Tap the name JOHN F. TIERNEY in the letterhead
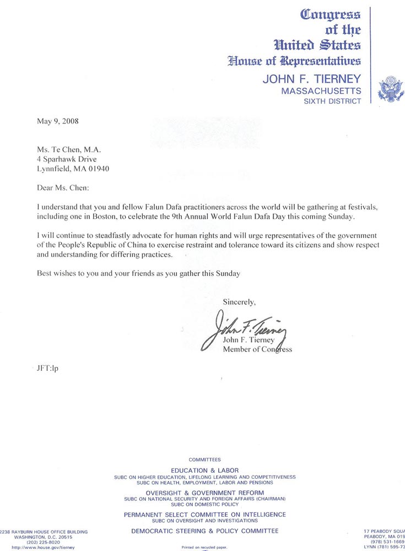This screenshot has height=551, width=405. [312, 79]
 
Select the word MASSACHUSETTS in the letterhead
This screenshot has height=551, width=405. [321, 91]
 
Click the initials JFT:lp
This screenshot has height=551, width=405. [47, 368]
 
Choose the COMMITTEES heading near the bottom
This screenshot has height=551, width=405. [204, 460]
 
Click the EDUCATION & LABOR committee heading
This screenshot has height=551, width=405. [204, 471]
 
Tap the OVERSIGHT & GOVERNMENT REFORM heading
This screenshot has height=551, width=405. [204, 493]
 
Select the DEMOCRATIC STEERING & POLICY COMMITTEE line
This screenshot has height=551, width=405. [204, 531]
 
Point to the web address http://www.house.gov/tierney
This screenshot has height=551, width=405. [43, 548]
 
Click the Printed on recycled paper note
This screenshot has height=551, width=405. [204, 548]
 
